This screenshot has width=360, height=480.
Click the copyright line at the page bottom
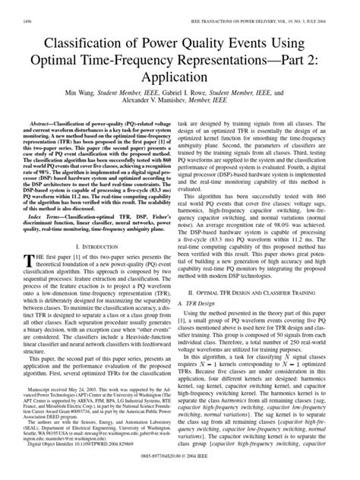(x=180, y=474)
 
